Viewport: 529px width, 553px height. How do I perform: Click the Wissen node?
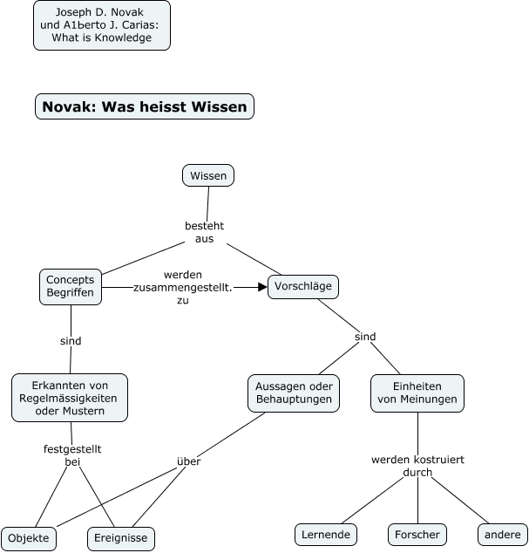coord(208,175)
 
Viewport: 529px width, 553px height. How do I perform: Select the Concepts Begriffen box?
coord(71,286)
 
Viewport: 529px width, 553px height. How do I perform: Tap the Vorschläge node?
coord(302,286)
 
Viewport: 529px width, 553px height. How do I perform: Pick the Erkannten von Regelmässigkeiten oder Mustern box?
coord(70,398)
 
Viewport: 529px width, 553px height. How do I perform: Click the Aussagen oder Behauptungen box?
coord(293,393)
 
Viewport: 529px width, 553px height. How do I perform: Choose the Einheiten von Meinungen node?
coord(417,393)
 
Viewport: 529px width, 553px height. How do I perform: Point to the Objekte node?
coord(30,538)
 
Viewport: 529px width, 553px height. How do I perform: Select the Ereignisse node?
coord(121,538)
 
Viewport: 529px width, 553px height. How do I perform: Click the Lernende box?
coord(325,534)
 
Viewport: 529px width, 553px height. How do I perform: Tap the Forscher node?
coord(417,534)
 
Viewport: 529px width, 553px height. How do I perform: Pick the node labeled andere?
coord(503,534)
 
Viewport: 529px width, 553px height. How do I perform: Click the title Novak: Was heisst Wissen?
coord(145,106)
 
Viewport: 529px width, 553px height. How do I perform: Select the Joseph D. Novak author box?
coord(102,25)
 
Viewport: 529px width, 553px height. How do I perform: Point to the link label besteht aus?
coord(205,232)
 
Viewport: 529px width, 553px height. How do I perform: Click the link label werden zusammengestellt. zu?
coord(182,287)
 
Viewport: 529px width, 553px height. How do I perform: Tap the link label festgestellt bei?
coord(72,455)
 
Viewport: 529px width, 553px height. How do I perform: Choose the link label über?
coord(188,461)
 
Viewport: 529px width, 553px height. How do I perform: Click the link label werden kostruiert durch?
coord(417,466)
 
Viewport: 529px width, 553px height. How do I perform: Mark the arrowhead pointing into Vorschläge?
coord(262,286)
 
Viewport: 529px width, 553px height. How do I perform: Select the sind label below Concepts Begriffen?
coord(71,341)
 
